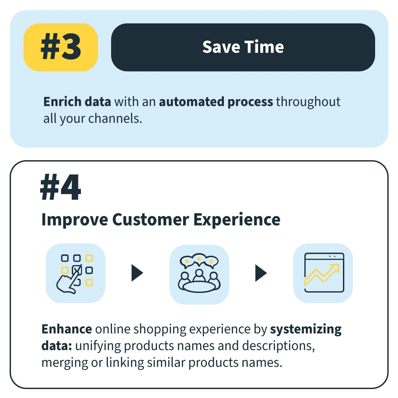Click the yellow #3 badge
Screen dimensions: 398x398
coord(60,47)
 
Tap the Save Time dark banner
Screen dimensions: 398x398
coord(243,47)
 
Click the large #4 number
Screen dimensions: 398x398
coord(60,187)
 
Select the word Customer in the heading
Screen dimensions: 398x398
coord(151,219)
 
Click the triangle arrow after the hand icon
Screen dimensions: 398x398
coord(137,273)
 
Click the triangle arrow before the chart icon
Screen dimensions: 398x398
coord(261,273)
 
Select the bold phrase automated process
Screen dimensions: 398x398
coord(216,102)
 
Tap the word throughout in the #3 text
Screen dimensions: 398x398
coord(308,102)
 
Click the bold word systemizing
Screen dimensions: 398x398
coord(306,330)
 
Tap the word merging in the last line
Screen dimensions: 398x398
coord(65,363)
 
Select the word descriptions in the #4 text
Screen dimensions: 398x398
coord(278,346)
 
